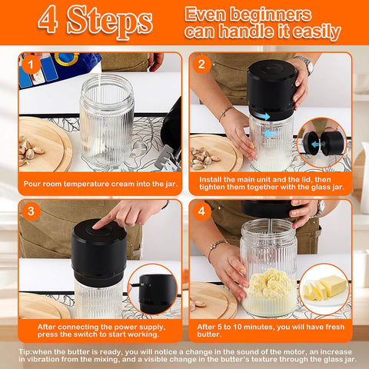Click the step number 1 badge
tap(30, 65)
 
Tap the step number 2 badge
tap(204, 65)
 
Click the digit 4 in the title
tap(48, 21)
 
